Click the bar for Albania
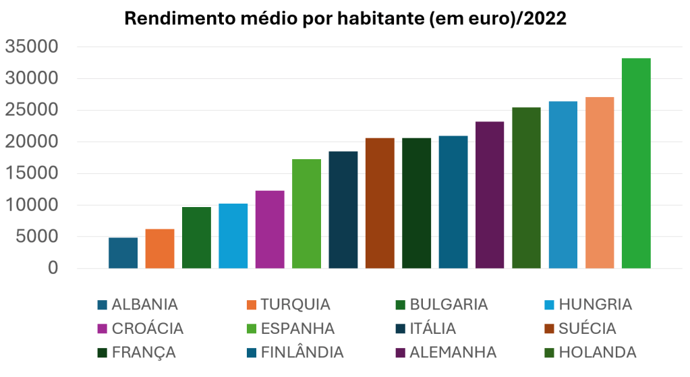point(123,253)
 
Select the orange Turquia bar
point(160,249)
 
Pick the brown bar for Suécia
point(380,203)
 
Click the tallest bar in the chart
point(636,163)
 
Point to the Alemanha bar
point(490,195)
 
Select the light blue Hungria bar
point(233,236)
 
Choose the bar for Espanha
point(306,214)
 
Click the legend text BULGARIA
point(449,304)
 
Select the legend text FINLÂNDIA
point(302,352)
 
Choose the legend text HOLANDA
point(598,352)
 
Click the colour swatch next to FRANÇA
point(103,353)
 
